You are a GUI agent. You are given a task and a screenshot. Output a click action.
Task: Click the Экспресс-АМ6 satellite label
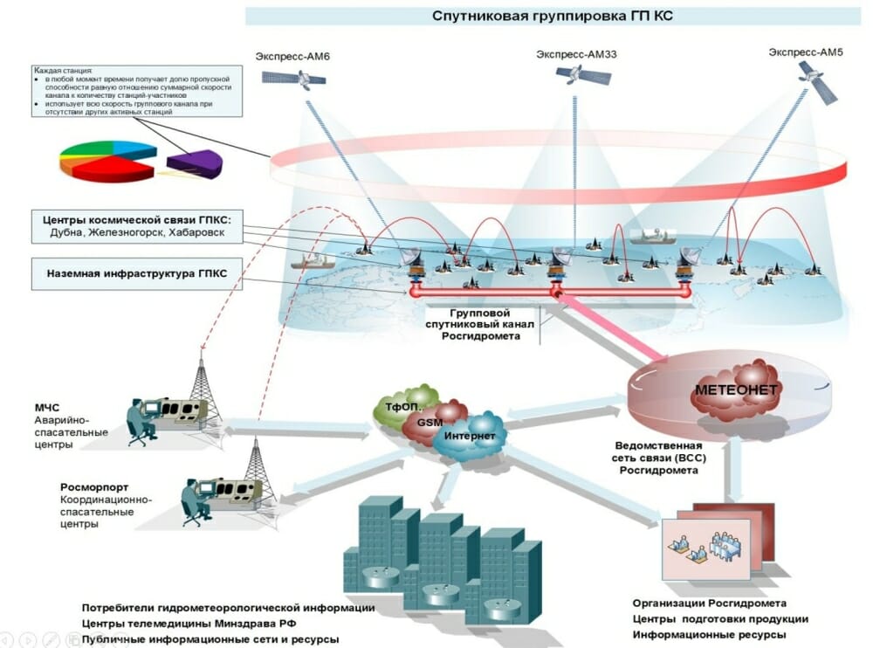point(292,57)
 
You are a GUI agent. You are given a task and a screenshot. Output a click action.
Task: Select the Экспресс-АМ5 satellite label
point(806,52)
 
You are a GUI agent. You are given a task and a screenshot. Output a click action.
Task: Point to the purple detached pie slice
point(194,162)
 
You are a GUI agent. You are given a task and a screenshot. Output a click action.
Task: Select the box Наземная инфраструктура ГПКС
point(136,273)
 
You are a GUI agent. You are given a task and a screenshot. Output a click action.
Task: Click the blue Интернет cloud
point(469,437)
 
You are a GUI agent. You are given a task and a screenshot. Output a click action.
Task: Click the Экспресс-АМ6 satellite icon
point(293,79)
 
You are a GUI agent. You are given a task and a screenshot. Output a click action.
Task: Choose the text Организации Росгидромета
point(709,603)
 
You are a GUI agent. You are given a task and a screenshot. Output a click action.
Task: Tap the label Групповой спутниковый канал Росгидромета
point(479,324)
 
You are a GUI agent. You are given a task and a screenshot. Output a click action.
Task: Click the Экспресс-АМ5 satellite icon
point(818,83)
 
